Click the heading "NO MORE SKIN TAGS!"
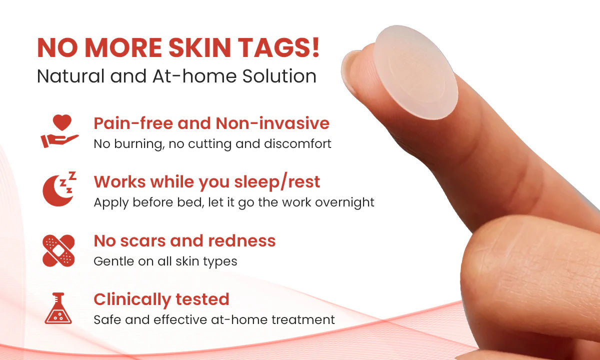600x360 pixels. tap(178, 48)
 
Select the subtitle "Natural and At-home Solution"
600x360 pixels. tap(176, 76)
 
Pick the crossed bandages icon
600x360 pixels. tap(58, 250)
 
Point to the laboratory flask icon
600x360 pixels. tap(58, 308)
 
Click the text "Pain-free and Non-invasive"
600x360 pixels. tap(211, 123)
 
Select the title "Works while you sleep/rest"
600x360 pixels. tap(206, 182)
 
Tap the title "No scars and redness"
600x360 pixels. tap(184, 241)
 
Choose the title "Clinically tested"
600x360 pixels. tap(161, 299)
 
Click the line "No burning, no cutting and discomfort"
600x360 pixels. tap(212, 144)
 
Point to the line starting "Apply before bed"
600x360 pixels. tap(233, 202)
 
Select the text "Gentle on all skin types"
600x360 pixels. tap(165, 261)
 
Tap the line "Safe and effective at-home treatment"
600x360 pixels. tap(214, 319)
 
